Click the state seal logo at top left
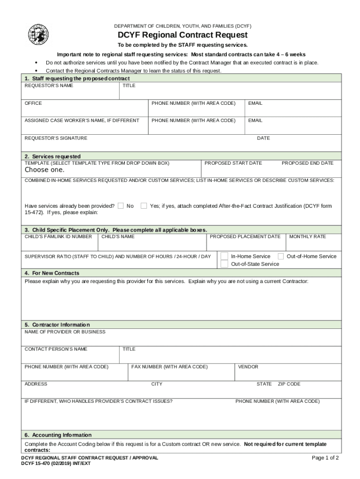38,34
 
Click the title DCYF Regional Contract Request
182,35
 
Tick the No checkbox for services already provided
121,205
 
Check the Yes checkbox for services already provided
144,205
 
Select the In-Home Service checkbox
224,256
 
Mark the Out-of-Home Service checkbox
281,256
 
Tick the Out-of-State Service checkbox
224,264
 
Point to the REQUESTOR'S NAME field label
49,86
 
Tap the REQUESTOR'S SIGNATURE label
56,138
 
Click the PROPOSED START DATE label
233,163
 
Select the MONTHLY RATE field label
308,236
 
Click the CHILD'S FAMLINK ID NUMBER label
58,236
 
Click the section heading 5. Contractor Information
57,325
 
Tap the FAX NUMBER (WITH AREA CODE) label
169,367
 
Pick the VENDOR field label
248,367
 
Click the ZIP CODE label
289,384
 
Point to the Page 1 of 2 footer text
325,458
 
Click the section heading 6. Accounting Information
58,435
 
